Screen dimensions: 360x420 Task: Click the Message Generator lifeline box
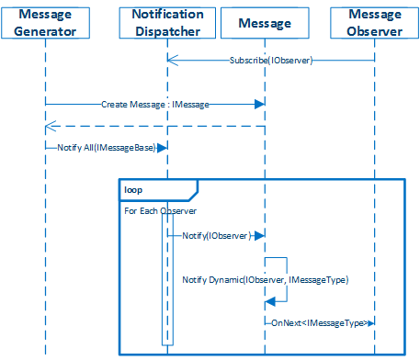pyautogui.click(x=43, y=22)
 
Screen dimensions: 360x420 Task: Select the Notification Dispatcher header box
pyautogui.click(x=167, y=22)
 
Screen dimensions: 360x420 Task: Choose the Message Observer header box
pyautogui.click(x=375, y=22)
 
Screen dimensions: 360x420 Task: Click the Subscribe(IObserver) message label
pyautogui.click(x=271, y=60)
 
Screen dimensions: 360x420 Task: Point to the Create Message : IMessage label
pyautogui.click(x=154, y=105)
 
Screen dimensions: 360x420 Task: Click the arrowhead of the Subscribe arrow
pyautogui.click(x=172, y=60)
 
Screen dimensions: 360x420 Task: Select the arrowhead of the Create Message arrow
pyautogui.click(x=260, y=105)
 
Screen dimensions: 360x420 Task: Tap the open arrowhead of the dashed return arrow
pyautogui.click(x=50, y=127)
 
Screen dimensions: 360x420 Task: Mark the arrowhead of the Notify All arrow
pyautogui.click(x=163, y=147)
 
